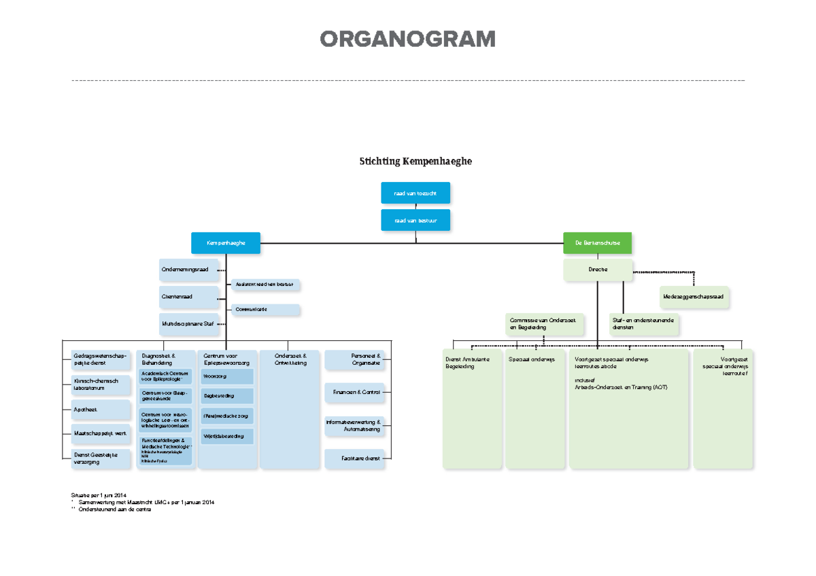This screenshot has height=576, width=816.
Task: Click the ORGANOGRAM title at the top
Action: (407, 40)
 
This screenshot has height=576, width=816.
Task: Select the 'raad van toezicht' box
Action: (415, 194)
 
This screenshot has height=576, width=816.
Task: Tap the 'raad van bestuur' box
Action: (415, 220)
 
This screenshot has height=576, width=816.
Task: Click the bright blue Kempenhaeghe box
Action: (226, 242)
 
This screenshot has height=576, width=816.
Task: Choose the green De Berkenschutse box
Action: (597, 242)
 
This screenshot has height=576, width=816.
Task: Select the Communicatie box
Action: (265, 310)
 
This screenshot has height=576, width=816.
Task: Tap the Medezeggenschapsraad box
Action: (694, 297)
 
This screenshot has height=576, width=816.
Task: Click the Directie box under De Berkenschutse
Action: (597, 270)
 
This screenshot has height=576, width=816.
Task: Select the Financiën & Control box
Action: (354, 392)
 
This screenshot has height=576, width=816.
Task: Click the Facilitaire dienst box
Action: (354, 458)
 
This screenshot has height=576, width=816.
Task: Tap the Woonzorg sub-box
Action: (227, 376)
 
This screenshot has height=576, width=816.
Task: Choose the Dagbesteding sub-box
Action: (227, 396)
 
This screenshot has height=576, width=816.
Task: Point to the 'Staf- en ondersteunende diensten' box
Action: (643, 324)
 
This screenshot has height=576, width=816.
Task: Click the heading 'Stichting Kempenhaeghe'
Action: (415, 162)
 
